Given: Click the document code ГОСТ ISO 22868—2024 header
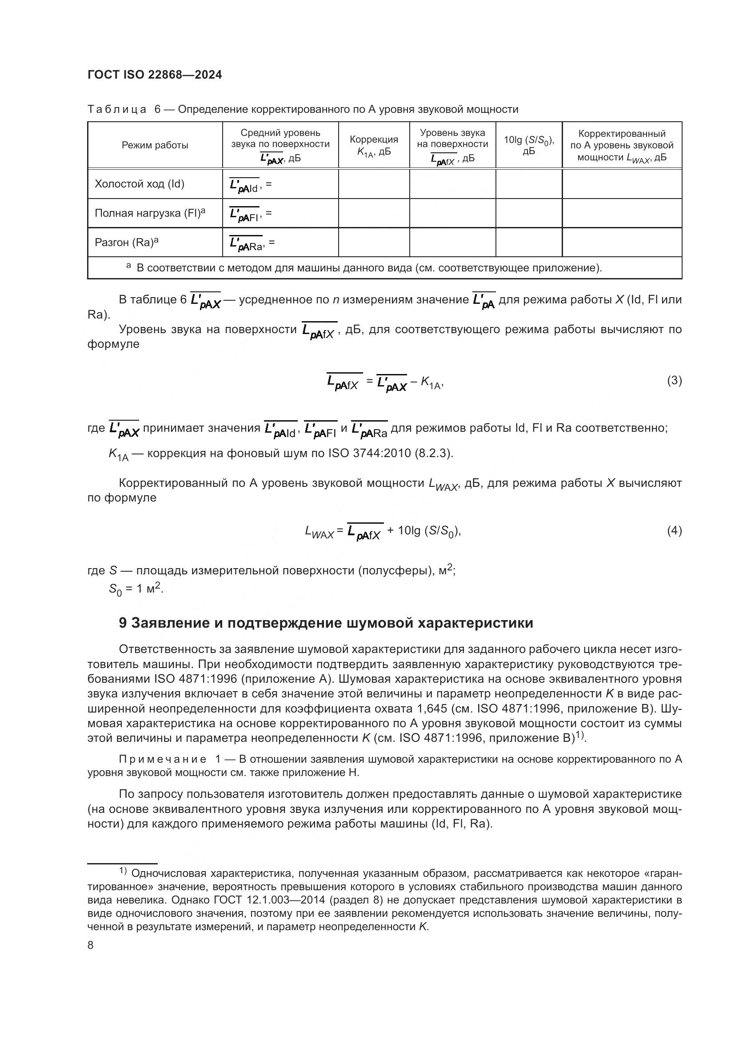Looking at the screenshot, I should click(x=154, y=75).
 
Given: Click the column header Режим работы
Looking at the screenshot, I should click(x=155, y=145).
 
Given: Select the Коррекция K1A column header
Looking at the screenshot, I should click(x=374, y=145).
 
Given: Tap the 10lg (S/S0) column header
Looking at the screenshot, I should click(x=529, y=145).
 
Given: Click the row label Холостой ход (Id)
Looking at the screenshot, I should click(x=140, y=184).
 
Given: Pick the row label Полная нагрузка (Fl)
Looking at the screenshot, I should click(x=150, y=213).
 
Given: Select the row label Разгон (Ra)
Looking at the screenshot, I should click(x=127, y=242).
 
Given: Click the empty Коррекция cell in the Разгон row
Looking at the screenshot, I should click(x=374, y=242).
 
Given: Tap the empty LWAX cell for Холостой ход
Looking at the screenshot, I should click(x=621, y=184).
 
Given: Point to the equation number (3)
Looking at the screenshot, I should click(x=674, y=380).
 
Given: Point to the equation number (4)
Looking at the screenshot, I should click(x=674, y=530).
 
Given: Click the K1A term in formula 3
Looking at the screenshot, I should click(x=431, y=383).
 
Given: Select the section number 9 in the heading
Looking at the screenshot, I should click(x=123, y=623).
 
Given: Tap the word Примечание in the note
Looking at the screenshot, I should click(x=163, y=759).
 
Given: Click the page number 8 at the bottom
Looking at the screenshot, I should click(x=91, y=945).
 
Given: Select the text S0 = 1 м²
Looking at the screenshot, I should click(x=136, y=589).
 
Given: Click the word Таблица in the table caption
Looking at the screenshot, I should click(x=117, y=110).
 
